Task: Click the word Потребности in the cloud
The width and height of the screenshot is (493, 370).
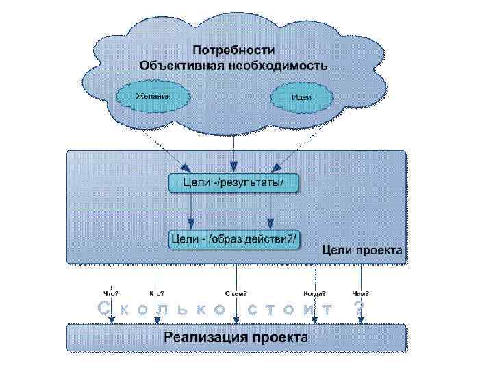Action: (x=233, y=51)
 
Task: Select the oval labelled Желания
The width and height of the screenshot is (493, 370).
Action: (x=152, y=96)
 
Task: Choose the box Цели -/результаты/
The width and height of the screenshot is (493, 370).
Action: (x=233, y=183)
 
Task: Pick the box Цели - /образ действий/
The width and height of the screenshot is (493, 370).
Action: (x=233, y=239)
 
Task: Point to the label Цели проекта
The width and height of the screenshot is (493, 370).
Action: (x=362, y=250)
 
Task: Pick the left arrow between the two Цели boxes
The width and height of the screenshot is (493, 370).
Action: (x=192, y=211)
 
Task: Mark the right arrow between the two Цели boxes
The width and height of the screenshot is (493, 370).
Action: (x=270, y=211)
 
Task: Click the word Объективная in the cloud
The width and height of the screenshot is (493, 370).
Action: (x=180, y=66)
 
